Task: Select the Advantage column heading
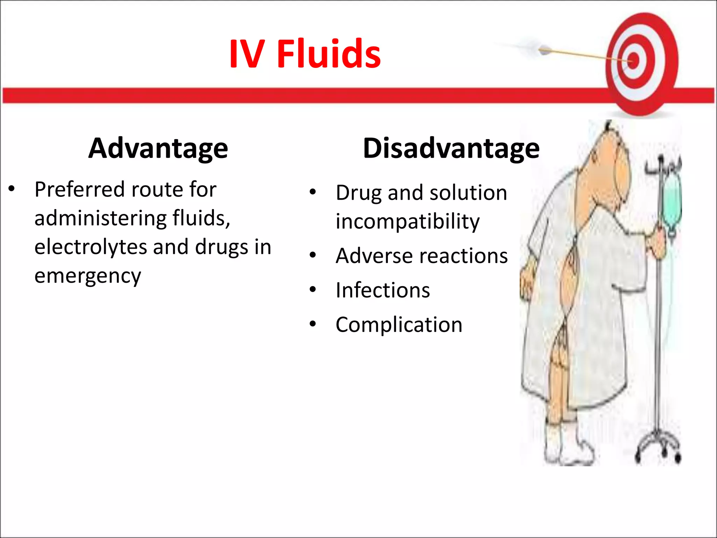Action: [x=158, y=148]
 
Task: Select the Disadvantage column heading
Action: [x=451, y=148]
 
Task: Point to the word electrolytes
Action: [x=90, y=247]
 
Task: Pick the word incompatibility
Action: [x=408, y=222]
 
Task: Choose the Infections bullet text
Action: [x=383, y=290]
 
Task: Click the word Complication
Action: [x=399, y=325]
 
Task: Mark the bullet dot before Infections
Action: [x=313, y=290]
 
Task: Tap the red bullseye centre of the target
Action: [x=633, y=62]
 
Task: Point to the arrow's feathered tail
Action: [x=544, y=51]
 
